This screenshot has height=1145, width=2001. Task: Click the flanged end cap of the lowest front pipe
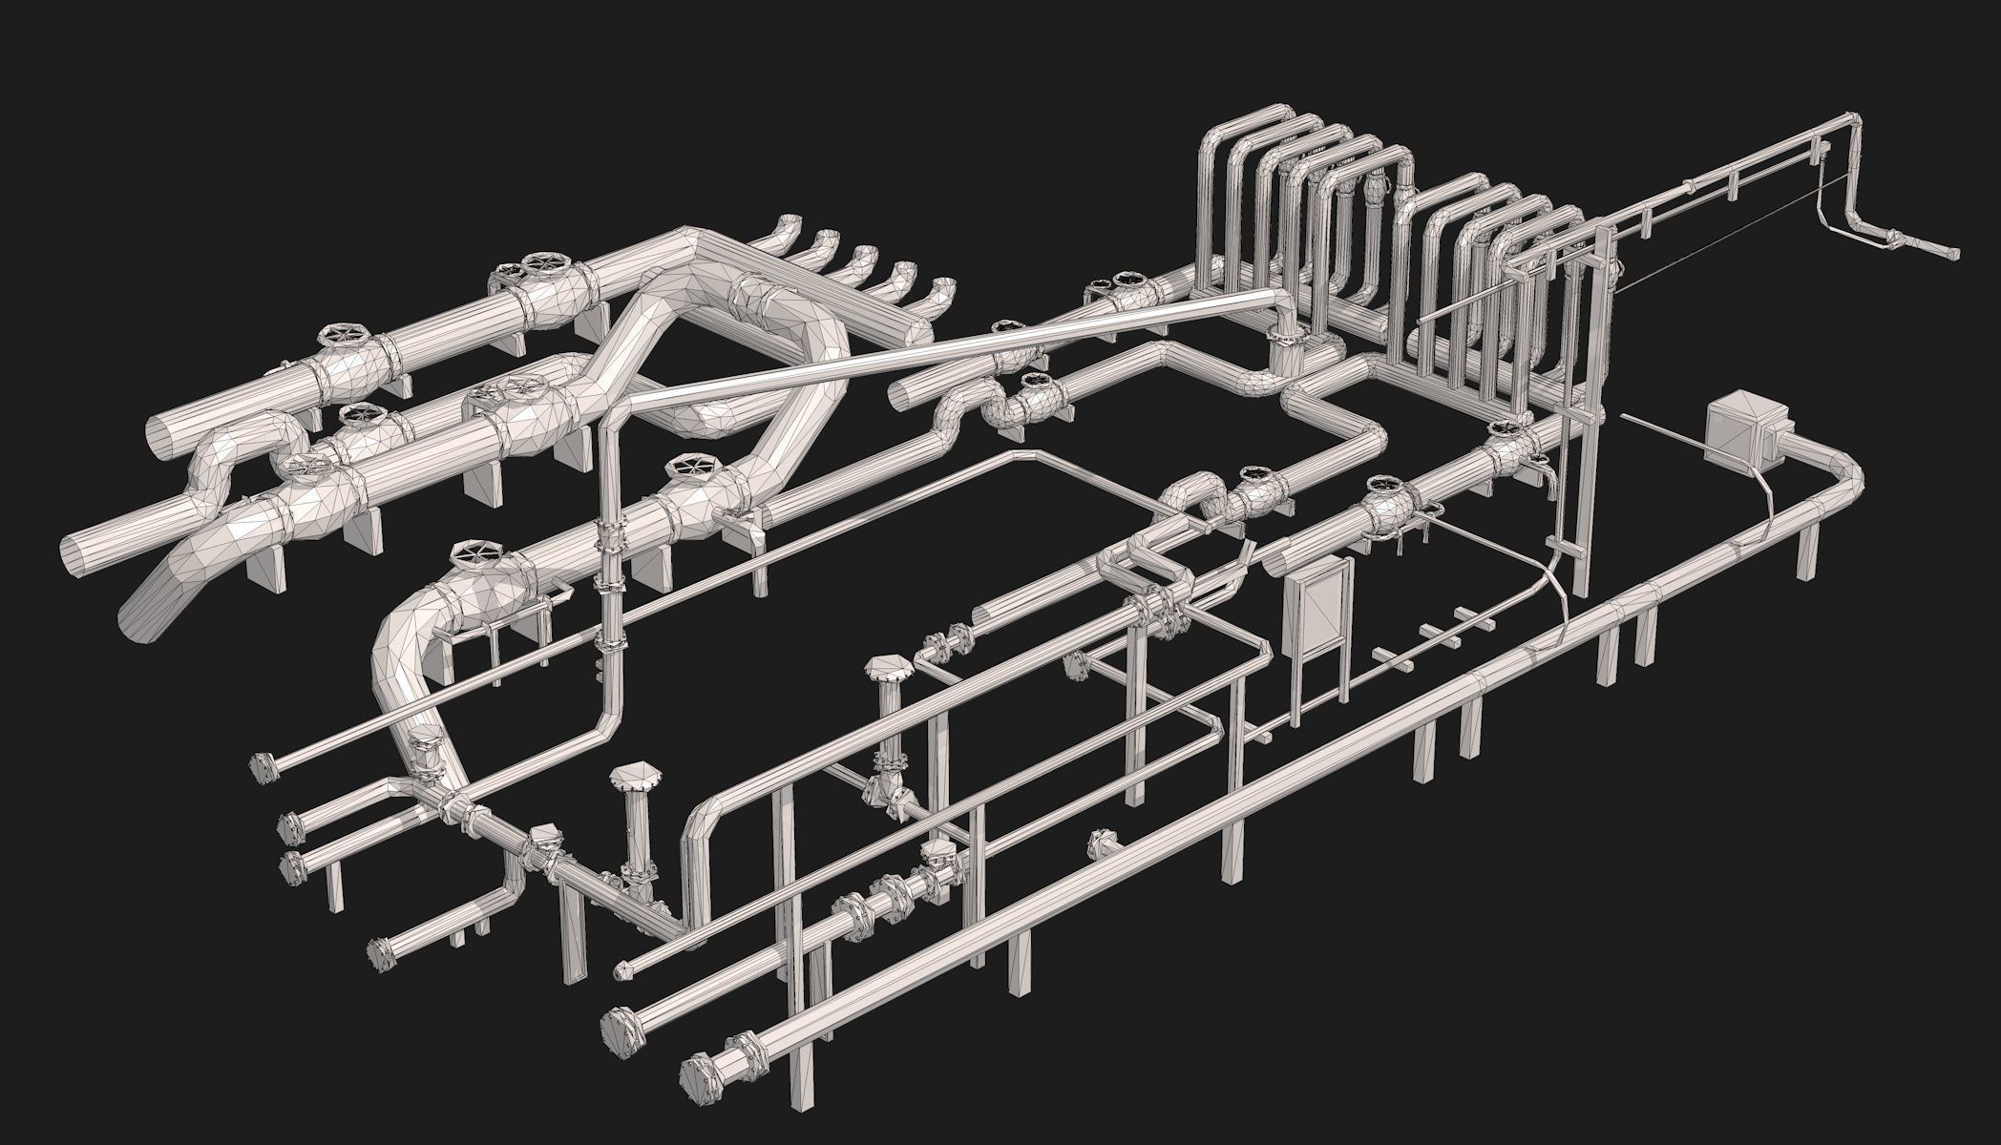coord(700,1081)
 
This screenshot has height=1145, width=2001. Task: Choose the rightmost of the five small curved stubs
coord(941,288)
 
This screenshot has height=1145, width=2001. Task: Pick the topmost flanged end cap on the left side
coord(263,766)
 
